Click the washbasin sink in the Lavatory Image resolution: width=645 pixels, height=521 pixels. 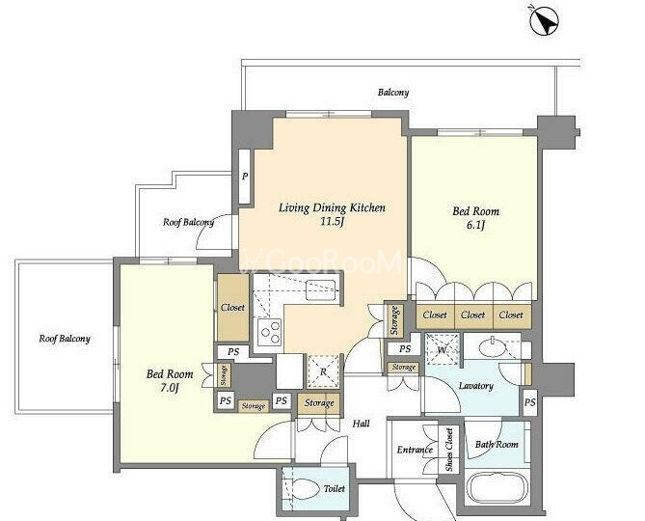coord(494,347)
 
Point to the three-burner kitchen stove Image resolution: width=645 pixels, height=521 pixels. coord(269,332)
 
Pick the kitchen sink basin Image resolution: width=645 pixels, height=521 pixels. coord(321,289)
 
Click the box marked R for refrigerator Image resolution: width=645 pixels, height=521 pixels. coord(324,371)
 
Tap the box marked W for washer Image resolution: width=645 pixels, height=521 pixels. coord(442,349)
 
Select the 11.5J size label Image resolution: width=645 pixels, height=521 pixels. coord(332,222)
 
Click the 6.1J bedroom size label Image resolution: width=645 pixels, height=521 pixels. coord(476,226)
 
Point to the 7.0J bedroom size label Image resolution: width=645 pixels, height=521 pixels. coord(170,388)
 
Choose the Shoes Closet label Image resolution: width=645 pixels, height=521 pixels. coord(448,450)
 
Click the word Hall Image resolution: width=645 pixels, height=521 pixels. coord(362,424)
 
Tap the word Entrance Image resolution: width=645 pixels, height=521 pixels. coord(415,450)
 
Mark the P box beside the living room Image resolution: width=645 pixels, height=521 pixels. coord(244,177)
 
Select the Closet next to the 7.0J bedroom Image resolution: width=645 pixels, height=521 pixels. coord(232,308)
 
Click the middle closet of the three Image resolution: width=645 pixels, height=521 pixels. coord(473,315)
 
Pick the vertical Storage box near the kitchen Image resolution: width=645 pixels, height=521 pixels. coord(394,321)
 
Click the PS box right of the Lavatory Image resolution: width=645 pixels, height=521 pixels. coord(530,402)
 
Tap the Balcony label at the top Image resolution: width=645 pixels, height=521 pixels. coord(393,93)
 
